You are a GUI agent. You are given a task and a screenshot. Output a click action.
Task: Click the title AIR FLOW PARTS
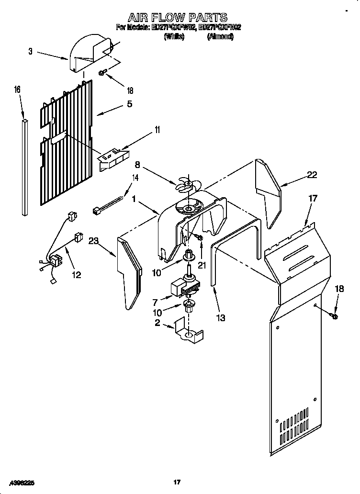178,18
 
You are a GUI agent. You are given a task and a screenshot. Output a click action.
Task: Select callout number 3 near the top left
31,51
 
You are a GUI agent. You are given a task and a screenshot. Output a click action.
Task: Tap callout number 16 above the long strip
18,90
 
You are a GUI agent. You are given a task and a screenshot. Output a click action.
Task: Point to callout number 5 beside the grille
129,104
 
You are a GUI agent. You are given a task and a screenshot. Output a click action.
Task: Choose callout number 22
312,175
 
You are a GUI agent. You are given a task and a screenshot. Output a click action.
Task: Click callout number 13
220,317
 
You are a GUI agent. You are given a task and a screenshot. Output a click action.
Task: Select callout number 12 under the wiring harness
76,275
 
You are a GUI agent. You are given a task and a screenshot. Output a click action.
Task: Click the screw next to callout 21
199,237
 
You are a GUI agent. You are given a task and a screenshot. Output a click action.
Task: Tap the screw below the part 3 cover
102,73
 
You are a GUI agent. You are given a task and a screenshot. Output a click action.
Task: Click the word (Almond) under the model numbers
220,36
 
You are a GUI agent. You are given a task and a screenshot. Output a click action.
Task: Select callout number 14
135,178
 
